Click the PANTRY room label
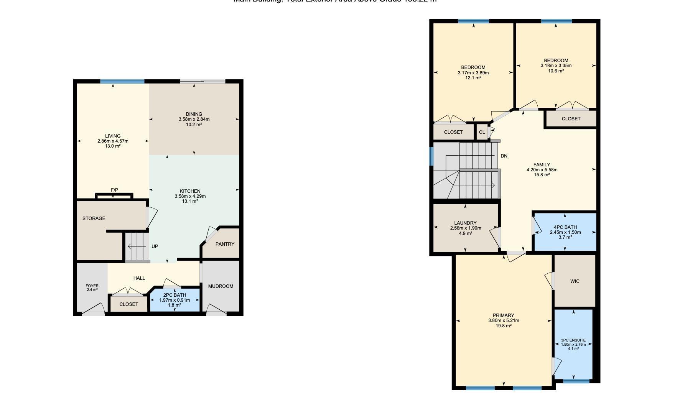(x=225, y=244)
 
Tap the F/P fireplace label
(x=114, y=190)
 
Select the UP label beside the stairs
(x=155, y=246)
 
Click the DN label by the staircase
(x=504, y=156)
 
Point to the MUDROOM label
(x=221, y=286)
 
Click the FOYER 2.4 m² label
(x=92, y=287)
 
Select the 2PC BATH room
(x=175, y=300)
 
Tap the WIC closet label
(x=575, y=281)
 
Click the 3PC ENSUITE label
(x=573, y=340)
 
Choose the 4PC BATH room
(x=565, y=232)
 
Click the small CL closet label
(x=482, y=132)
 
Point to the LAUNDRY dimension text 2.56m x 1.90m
(x=465, y=228)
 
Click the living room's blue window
(x=122, y=81)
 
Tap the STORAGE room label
(x=94, y=218)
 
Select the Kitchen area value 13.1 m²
(x=190, y=201)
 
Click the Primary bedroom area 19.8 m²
(x=503, y=326)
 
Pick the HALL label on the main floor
(x=139, y=278)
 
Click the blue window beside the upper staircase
(x=431, y=156)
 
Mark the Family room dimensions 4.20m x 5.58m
(x=542, y=170)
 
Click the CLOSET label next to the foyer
(x=128, y=304)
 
